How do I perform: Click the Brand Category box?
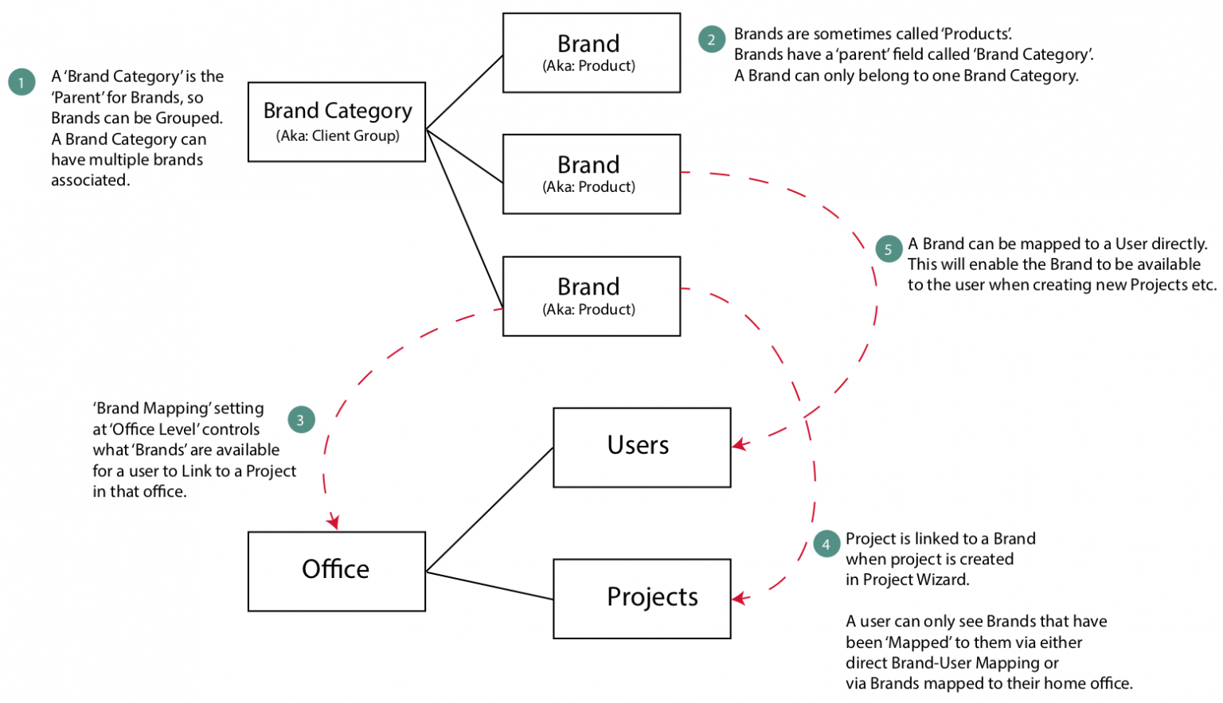click(336, 122)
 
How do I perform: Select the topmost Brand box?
click(591, 53)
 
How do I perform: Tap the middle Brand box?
click(591, 174)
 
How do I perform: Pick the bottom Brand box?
click(591, 295)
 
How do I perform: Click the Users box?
click(641, 447)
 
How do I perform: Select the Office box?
click(336, 571)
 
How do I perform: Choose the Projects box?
click(641, 598)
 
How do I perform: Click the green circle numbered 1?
click(21, 82)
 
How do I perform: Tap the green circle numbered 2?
click(711, 39)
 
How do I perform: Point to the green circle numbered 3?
click(300, 420)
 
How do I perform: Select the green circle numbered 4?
click(826, 544)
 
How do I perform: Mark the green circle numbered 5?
click(888, 248)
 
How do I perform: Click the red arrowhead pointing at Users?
click(740, 444)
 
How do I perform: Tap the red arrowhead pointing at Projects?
click(740, 598)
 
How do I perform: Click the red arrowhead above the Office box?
click(333, 522)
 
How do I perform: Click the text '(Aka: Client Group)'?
click(338, 136)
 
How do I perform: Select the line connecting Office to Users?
click(489, 510)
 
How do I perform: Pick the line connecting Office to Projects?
click(489, 585)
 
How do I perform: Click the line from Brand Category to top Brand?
click(464, 92)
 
